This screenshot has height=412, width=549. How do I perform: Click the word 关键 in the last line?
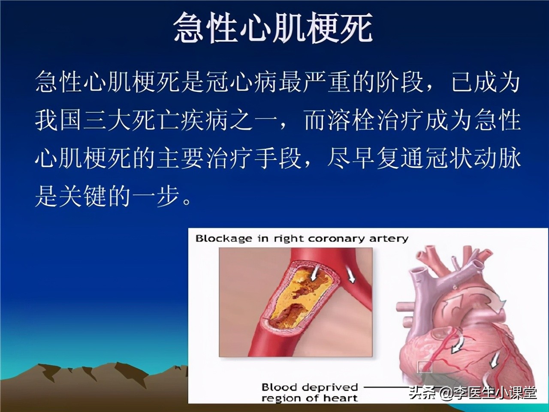pos(84,197)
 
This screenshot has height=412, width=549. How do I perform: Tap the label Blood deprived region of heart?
pos(310,393)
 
